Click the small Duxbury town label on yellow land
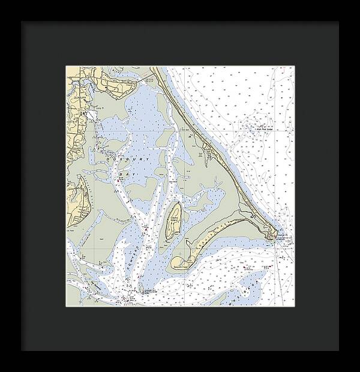80,94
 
